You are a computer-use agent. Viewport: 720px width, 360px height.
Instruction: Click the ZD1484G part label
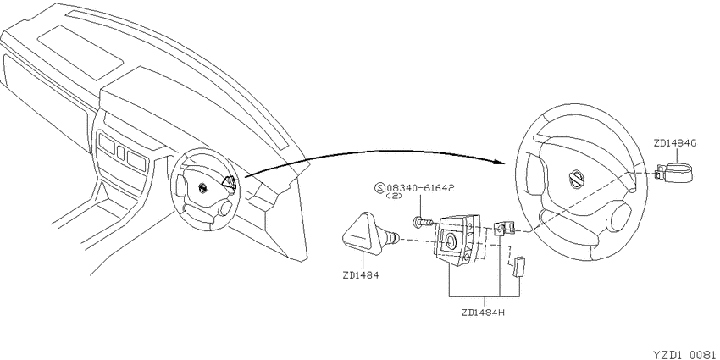click(x=675, y=143)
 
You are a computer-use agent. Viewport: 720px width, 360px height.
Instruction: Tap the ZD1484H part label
click(x=484, y=313)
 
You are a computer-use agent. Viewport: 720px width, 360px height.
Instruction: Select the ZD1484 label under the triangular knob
click(x=361, y=276)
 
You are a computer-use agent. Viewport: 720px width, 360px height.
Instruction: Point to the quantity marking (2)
click(x=395, y=196)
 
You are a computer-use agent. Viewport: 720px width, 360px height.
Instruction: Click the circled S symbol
click(x=380, y=188)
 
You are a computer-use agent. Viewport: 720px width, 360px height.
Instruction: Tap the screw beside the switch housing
click(x=424, y=222)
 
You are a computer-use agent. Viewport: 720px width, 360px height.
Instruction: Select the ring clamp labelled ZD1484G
click(x=674, y=173)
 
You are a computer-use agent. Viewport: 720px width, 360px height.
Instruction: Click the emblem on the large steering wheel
click(x=576, y=178)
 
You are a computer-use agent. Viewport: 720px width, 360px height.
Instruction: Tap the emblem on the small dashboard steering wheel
click(x=202, y=188)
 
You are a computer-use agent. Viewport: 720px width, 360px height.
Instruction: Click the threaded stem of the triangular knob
click(x=391, y=237)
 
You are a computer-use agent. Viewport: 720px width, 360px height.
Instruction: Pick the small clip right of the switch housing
click(x=504, y=228)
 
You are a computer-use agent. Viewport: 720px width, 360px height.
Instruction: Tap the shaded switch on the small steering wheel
click(x=230, y=183)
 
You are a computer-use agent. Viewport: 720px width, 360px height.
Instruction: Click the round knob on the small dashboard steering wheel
click(x=224, y=209)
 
